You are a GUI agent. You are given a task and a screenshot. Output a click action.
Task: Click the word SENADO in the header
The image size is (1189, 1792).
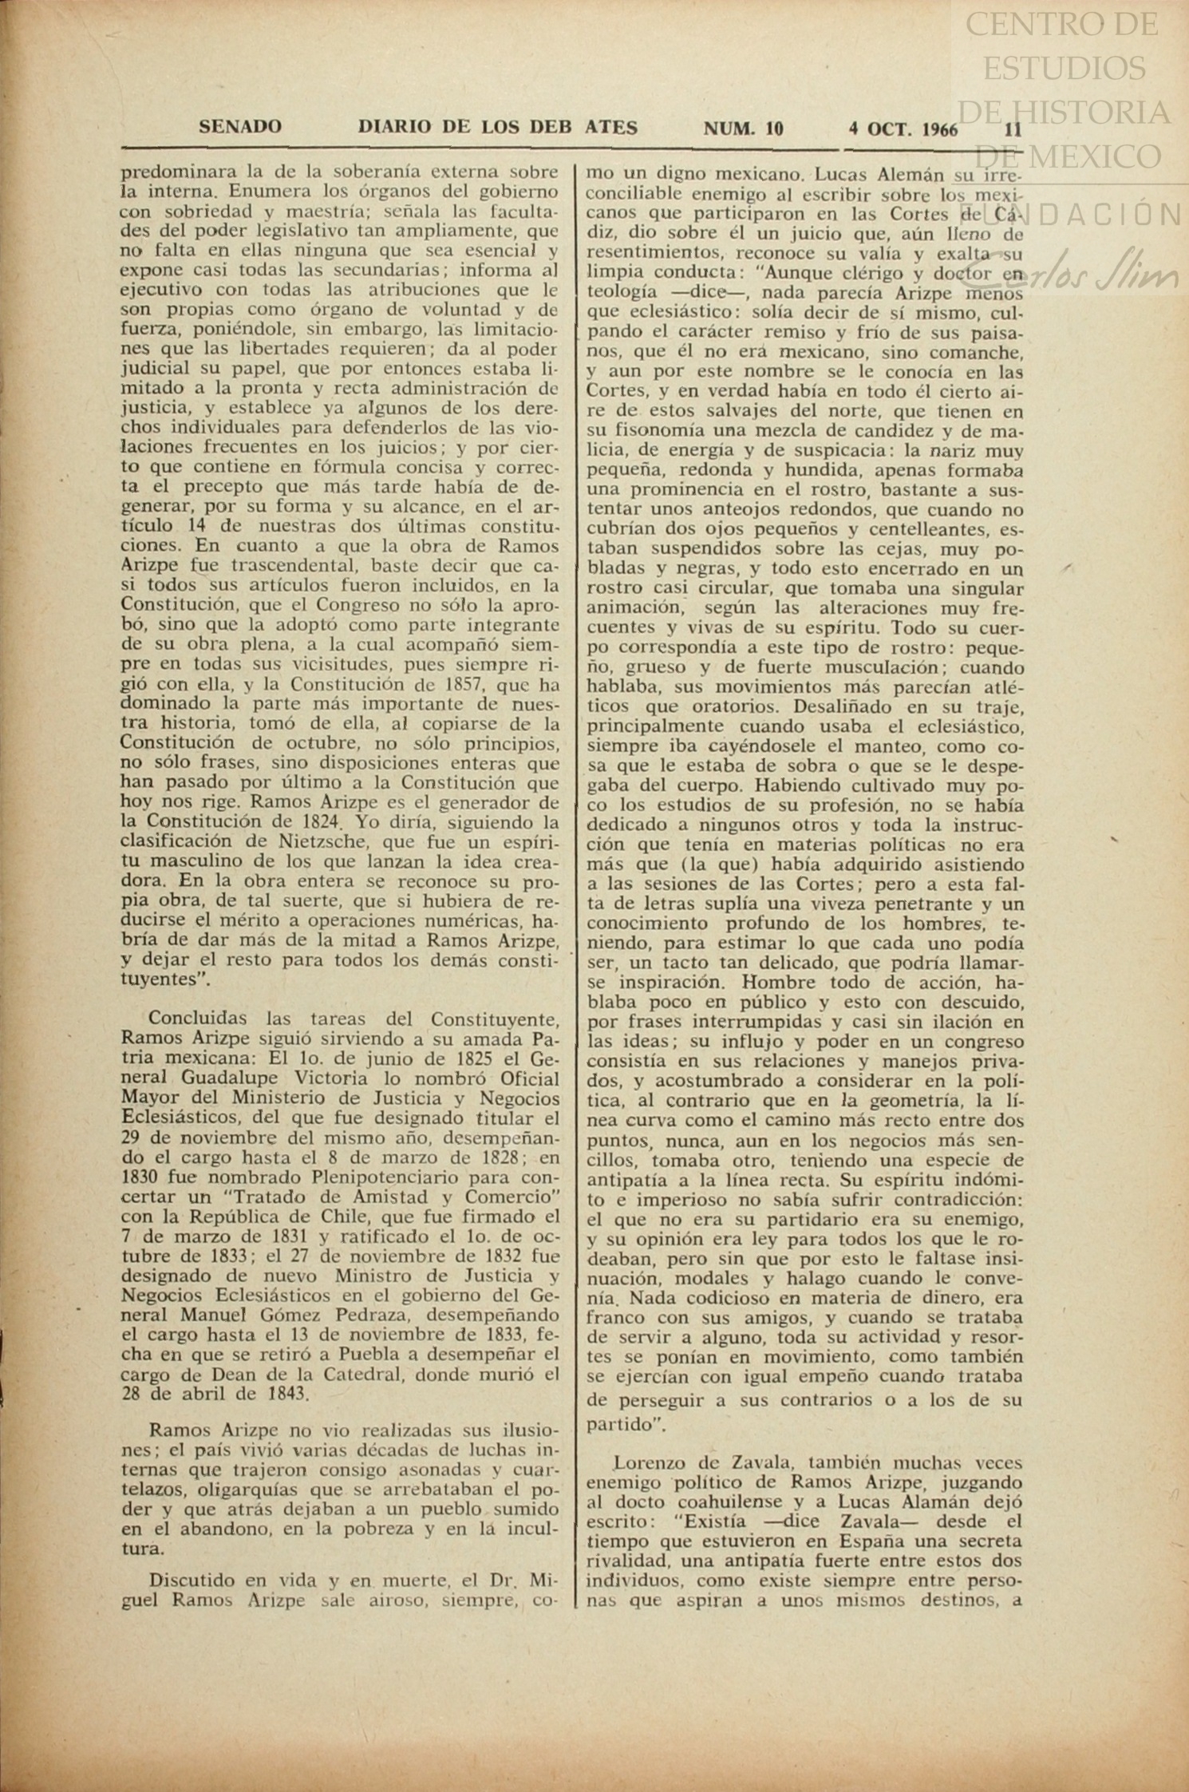pyautogui.click(x=239, y=127)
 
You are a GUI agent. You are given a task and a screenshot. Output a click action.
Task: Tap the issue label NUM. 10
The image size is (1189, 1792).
pyautogui.click(x=743, y=128)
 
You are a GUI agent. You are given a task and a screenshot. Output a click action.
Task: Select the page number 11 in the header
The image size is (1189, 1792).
pyautogui.click(x=1013, y=129)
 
